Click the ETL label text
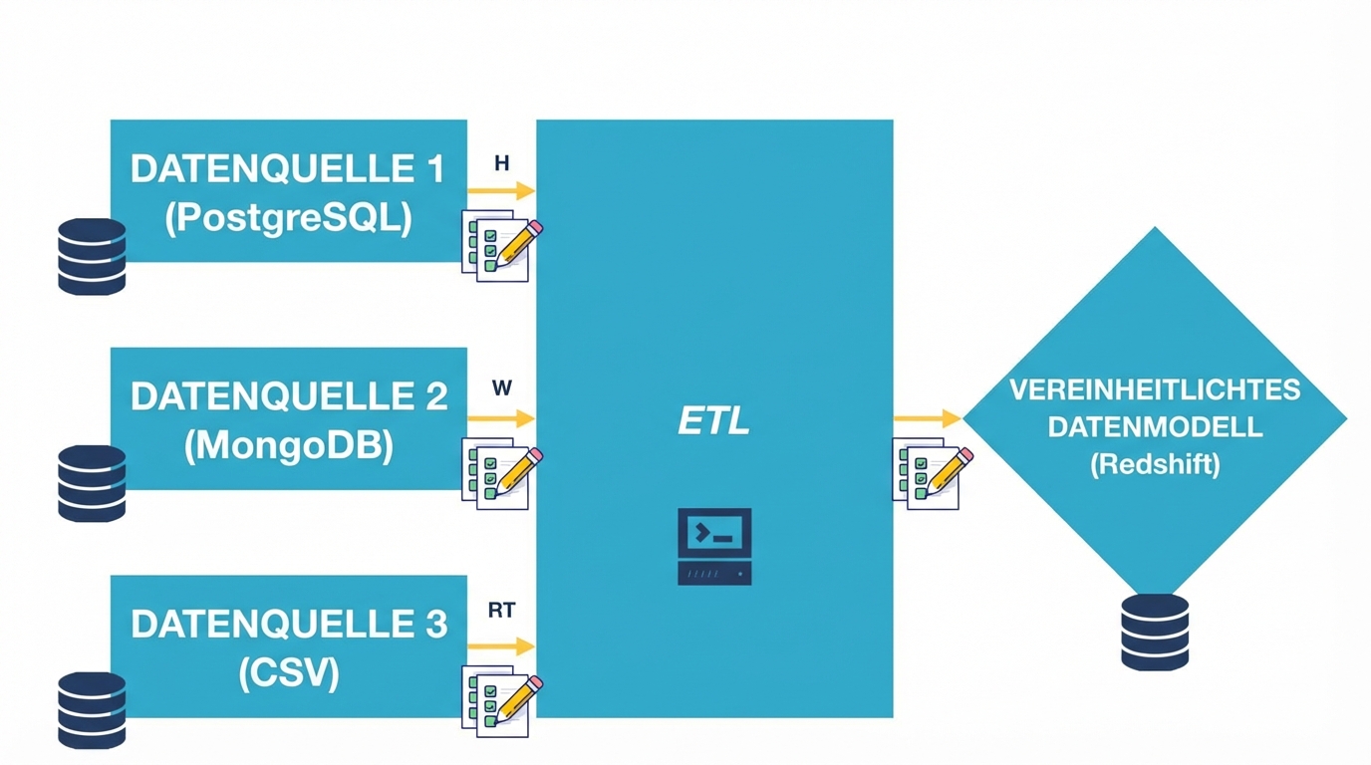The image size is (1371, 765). coord(713,421)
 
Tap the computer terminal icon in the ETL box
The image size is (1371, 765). coord(714,547)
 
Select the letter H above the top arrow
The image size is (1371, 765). coord(501,162)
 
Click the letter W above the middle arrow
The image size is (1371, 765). coord(501,388)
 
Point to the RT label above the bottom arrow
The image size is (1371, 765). coord(501,611)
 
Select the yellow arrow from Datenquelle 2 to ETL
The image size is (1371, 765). coord(501,418)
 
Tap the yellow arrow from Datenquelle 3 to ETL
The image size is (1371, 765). coord(501,646)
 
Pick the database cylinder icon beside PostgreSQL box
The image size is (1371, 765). coord(92,257)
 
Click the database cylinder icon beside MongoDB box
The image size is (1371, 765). coord(92,483)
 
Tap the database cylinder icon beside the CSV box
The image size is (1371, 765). coord(92,709)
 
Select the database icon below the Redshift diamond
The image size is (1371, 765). coord(1155,632)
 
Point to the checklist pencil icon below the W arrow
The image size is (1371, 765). coord(501,473)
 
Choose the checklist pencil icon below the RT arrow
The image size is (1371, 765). coord(501,701)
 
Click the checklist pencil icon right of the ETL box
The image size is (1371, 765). coord(931,473)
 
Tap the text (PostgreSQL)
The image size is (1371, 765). coord(288,218)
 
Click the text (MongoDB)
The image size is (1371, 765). coord(288,445)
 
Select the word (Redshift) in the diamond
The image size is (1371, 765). coord(1155,464)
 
